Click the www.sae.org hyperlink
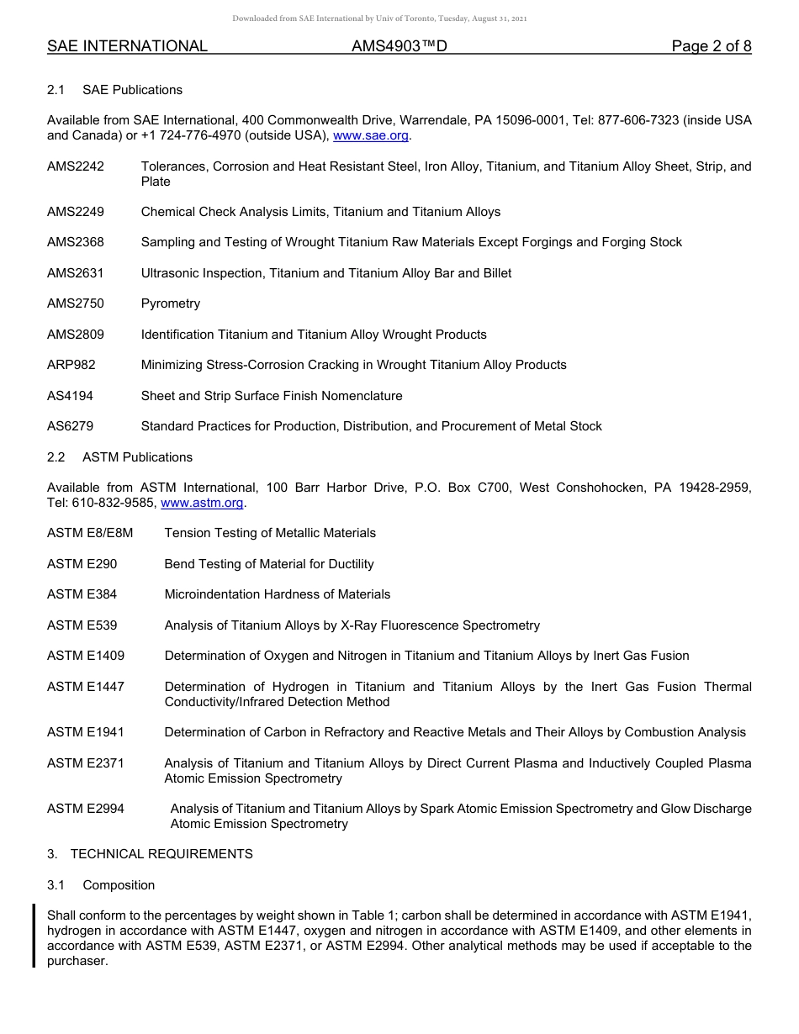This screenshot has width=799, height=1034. (x=371, y=136)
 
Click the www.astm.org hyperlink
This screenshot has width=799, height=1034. (x=202, y=503)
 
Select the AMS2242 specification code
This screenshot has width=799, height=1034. (x=76, y=166)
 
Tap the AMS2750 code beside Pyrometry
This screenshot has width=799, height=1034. (x=76, y=303)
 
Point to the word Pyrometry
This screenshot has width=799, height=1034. (x=171, y=303)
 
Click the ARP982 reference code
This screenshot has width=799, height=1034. (x=71, y=365)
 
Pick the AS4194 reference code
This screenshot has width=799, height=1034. (x=71, y=396)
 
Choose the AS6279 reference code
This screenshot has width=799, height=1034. (x=71, y=426)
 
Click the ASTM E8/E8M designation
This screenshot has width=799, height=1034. (x=90, y=533)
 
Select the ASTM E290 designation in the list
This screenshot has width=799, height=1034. (x=82, y=564)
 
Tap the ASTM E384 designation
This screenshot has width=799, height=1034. (x=82, y=594)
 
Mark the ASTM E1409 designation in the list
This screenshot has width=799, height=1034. (x=86, y=656)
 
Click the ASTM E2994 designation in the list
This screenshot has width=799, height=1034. (x=86, y=809)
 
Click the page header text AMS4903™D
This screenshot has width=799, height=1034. (x=399, y=46)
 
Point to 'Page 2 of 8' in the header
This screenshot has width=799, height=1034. (x=712, y=46)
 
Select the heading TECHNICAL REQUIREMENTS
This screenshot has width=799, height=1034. (x=161, y=854)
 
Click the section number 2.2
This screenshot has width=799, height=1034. (x=56, y=457)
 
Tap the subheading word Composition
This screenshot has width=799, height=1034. (x=119, y=885)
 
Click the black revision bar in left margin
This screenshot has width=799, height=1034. (x=34, y=936)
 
